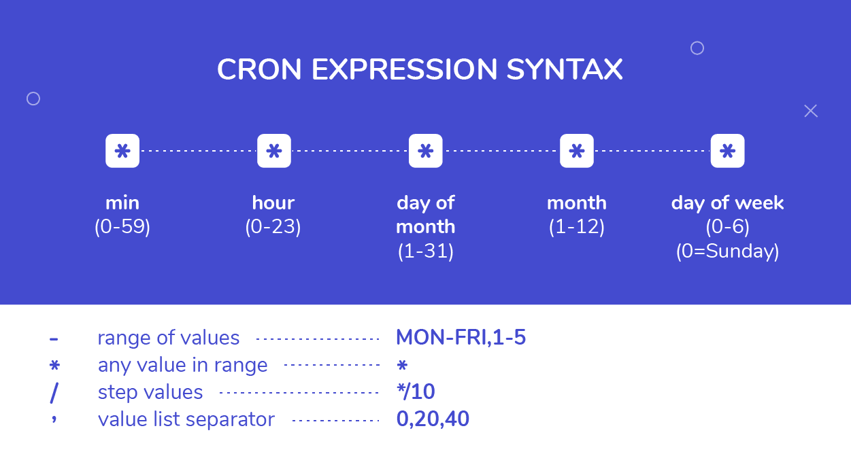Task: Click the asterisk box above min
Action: [x=122, y=151]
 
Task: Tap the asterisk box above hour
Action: [x=274, y=151]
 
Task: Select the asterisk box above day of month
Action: [x=426, y=151]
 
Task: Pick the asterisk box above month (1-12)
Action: [x=577, y=151]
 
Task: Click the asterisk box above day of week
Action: [x=727, y=151]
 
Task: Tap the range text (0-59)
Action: [x=122, y=226]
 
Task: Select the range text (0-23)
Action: [x=273, y=226]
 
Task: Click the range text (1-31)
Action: [x=426, y=251]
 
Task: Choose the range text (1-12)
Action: [x=577, y=226]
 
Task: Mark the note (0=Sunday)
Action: [x=727, y=251]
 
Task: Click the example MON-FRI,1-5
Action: [x=461, y=337]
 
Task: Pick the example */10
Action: [x=416, y=391]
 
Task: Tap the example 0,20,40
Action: [x=433, y=419]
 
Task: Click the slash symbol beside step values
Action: [x=54, y=392]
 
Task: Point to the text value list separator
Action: [x=186, y=419]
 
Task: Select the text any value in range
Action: [x=182, y=365]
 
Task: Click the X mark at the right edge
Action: [x=811, y=111]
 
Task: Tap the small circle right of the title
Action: [x=697, y=48]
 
